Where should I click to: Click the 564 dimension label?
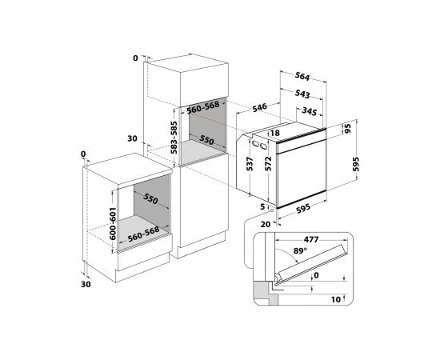302,76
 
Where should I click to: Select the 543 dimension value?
302,94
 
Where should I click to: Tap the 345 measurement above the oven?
309,111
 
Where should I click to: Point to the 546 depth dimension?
259,108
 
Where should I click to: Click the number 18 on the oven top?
275,133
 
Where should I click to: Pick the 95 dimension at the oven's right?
347,129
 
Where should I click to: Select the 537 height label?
250,164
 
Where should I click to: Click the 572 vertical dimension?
268,163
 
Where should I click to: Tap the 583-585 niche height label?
174,138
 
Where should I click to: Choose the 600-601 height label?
112,224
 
